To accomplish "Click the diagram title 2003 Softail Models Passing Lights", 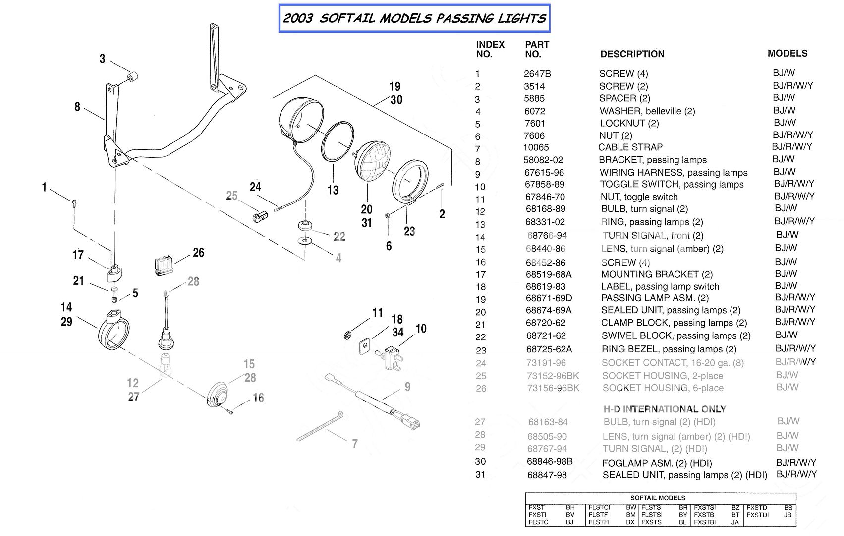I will (414, 19).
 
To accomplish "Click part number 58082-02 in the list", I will (543, 160).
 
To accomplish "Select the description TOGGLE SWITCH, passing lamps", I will (672, 185).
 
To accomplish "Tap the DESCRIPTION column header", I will (632, 54).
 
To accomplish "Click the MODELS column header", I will (787, 53).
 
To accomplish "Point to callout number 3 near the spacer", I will (102, 59).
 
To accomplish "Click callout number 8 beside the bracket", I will (77, 107).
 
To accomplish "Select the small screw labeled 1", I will (74, 202).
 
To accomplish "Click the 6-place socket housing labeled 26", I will (163, 265).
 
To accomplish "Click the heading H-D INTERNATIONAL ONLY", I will (664, 409).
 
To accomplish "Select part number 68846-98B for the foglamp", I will (550, 462).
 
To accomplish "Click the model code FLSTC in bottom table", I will (538, 522).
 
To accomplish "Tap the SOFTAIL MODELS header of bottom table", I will (657, 498).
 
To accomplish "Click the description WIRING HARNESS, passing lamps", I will (673, 173).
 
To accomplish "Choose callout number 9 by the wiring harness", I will (407, 387).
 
